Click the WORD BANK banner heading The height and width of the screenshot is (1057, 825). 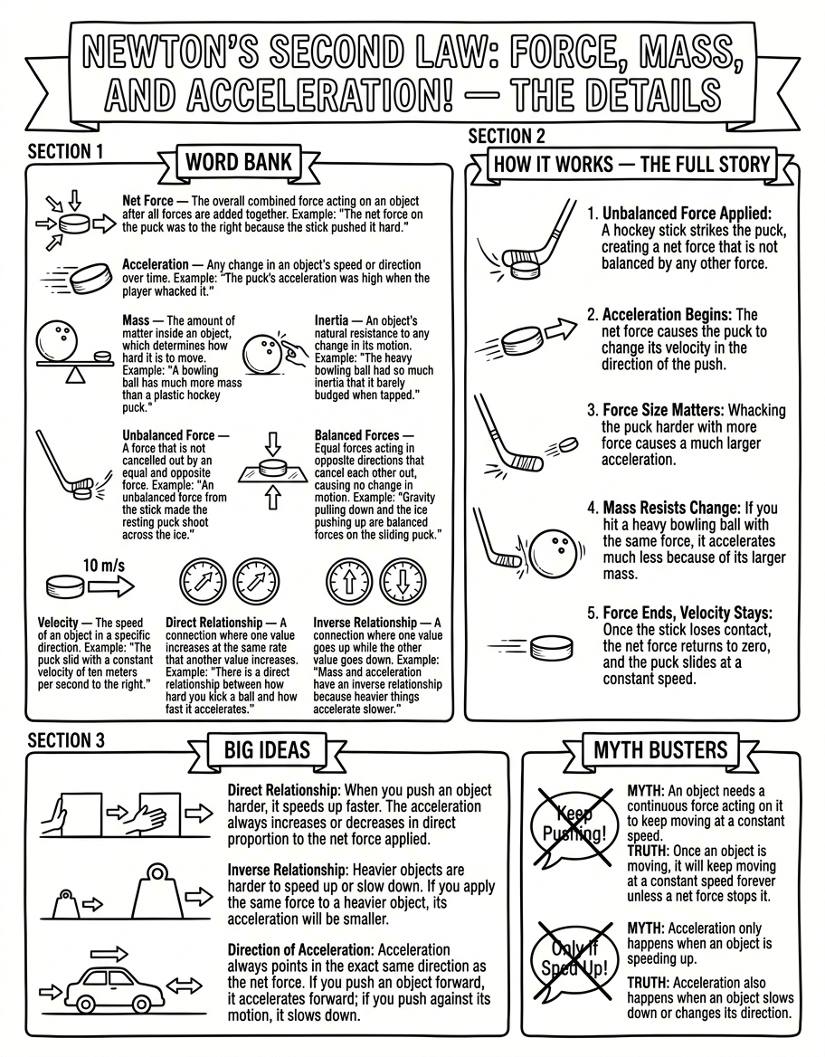pyautogui.click(x=239, y=163)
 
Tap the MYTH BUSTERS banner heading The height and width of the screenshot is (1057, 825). pyautogui.click(x=659, y=750)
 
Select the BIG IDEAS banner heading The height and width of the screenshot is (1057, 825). pyautogui.click(x=267, y=750)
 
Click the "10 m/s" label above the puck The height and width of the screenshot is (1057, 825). pyautogui.click(x=104, y=565)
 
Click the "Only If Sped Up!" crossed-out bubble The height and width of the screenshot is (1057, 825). pyautogui.click(x=574, y=960)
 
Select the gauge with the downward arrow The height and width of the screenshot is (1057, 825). pyautogui.click(x=403, y=581)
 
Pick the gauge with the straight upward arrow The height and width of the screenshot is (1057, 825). pyautogui.click(x=349, y=581)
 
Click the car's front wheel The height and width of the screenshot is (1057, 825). pyautogui.click(x=86, y=1003)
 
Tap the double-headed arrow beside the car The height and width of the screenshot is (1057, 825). pyautogui.click(x=184, y=987)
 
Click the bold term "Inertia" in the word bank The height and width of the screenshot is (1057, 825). pyautogui.click(x=332, y=321)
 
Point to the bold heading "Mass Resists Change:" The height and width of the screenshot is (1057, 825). pyautogui.click(x=670, y=508)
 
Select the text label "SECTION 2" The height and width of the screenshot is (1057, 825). pyautogui.click(x=507, y=136)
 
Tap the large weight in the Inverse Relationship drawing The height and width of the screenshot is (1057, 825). pyautogui.click(x=157, y=892)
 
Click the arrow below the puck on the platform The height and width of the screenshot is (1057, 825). pyautogui.click(x=272, y=498)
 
